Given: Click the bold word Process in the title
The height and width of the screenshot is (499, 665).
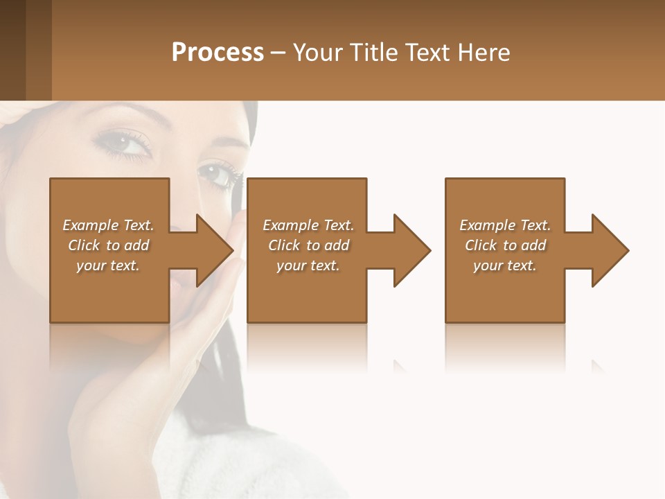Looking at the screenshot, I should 218,53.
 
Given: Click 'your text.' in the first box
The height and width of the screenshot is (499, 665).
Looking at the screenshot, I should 108,265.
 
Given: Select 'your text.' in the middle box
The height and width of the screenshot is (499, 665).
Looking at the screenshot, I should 308,265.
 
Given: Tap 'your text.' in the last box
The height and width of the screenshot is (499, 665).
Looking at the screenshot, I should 505,265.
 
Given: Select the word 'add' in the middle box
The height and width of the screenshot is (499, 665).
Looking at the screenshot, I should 337,245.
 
